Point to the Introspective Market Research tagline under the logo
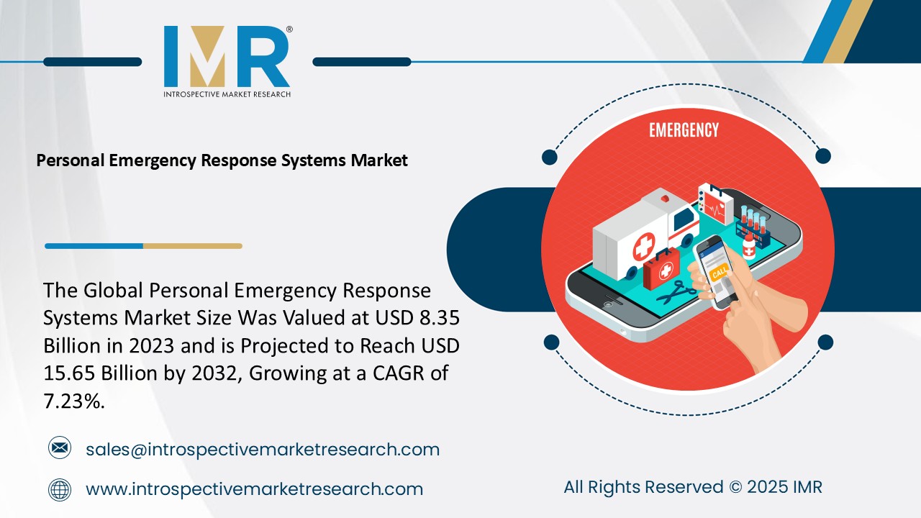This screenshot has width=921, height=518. (227, 94)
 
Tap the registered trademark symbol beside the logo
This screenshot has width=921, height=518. (289, 29)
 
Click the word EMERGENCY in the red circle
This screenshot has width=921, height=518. (684, 130)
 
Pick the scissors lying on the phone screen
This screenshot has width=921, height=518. (674, 292)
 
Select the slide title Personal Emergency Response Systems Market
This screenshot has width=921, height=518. (222, 160)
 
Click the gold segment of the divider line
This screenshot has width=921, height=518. (192, 246)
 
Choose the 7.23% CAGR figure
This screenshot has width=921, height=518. (74, 401)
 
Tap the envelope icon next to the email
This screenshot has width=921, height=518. (60, 449)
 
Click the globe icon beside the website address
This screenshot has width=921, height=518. (60, 489)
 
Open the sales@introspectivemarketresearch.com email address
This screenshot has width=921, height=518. (263, 450)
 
